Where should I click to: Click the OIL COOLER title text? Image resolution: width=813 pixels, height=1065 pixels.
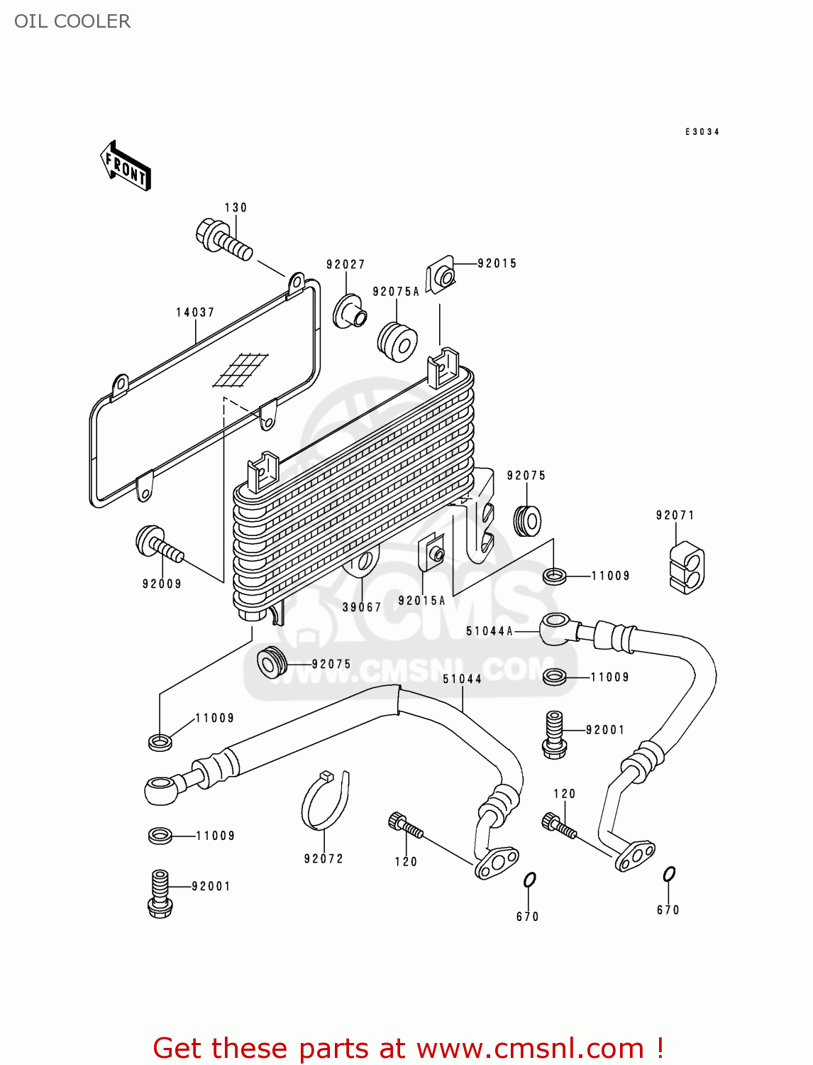tap(72, 21)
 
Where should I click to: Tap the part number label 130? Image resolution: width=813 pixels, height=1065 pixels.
tap(236, 207)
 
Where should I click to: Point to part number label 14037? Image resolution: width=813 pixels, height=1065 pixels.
tap(195, 312)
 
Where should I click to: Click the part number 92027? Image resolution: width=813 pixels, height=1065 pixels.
tap(345, 264)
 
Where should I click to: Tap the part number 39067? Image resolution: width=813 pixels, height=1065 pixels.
tap(362, 607)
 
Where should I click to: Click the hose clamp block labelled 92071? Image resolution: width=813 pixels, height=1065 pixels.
tap(686, 567)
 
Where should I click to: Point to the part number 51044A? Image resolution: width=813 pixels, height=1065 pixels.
tap(489, 630)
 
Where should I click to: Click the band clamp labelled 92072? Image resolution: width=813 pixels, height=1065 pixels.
tap(325, 802)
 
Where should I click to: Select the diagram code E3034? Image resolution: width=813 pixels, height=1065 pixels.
tap(702, 132)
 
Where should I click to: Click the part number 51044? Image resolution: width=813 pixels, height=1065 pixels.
tap(462, 679)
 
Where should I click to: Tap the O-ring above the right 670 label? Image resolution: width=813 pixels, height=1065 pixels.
tap(669, 874)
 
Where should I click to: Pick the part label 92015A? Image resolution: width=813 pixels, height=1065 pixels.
tap(421, 601)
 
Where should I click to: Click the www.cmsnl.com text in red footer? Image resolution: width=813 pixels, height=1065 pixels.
tap(529, 1048)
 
